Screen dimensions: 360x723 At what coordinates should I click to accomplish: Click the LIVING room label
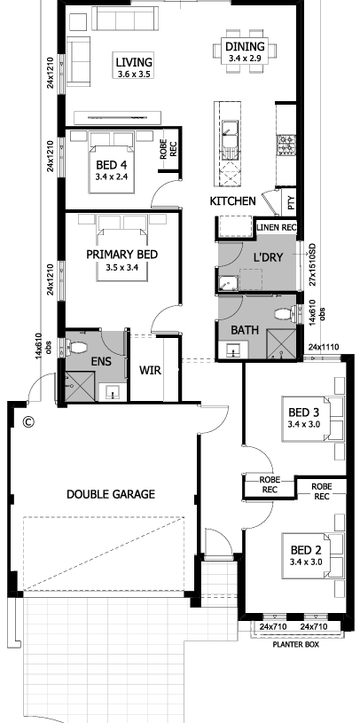134,62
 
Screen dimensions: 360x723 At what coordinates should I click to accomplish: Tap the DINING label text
245,46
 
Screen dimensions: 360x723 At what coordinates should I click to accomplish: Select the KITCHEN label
233,201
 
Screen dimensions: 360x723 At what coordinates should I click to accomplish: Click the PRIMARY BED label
122,255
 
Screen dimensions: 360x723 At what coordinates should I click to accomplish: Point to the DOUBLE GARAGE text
111,494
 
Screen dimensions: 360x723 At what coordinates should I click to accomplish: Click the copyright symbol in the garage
28,421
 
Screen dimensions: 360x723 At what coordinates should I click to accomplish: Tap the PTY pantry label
291,203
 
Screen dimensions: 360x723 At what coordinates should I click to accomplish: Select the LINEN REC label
277,227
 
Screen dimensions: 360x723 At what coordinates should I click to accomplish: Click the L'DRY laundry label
268,257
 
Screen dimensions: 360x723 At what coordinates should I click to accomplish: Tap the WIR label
150,370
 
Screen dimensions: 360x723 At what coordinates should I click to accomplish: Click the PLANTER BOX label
296,645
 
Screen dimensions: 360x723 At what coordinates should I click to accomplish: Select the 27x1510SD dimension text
312,264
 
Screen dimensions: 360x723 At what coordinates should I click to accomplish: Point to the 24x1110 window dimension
324,347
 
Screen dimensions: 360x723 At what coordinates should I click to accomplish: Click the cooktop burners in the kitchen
286,145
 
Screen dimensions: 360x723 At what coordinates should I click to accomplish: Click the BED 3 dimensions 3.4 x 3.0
304,425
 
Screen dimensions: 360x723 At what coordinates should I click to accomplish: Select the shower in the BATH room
281,343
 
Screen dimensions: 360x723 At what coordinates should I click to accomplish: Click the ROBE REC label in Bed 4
168,149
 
